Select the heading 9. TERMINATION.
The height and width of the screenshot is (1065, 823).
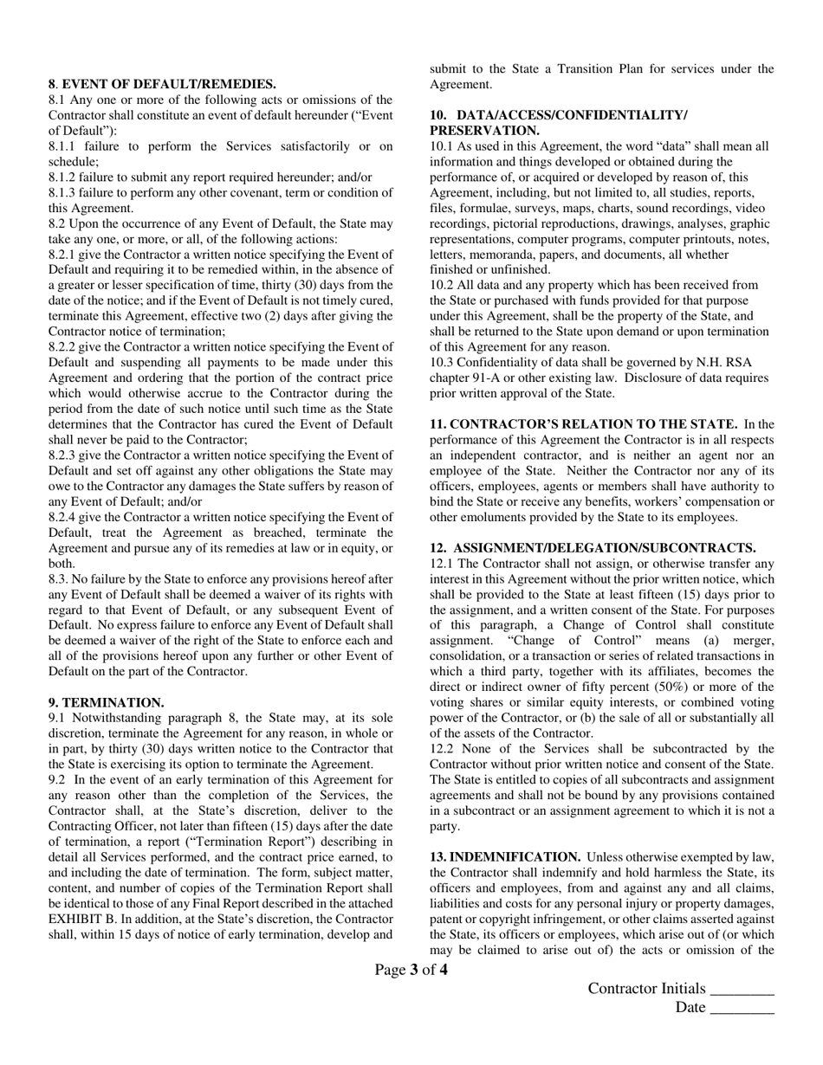point(106,702)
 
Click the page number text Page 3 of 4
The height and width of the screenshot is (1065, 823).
point(411,970)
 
